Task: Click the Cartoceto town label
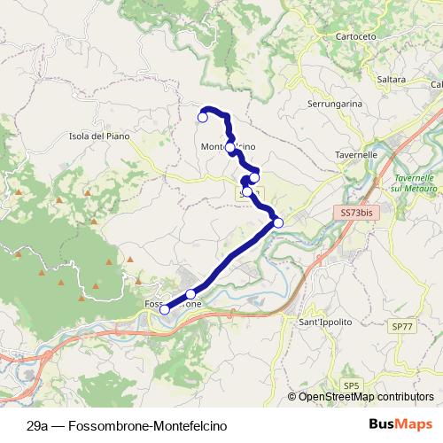356,36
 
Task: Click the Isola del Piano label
98,136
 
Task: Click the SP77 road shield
401,326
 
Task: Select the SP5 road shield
352,385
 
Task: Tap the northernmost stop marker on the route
202,117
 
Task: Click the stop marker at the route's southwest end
164,309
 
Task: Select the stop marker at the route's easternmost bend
278,222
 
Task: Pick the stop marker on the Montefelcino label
230,147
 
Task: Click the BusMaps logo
408,425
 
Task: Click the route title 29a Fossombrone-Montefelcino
127,425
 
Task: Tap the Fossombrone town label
174,304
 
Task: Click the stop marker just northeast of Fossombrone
190,293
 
